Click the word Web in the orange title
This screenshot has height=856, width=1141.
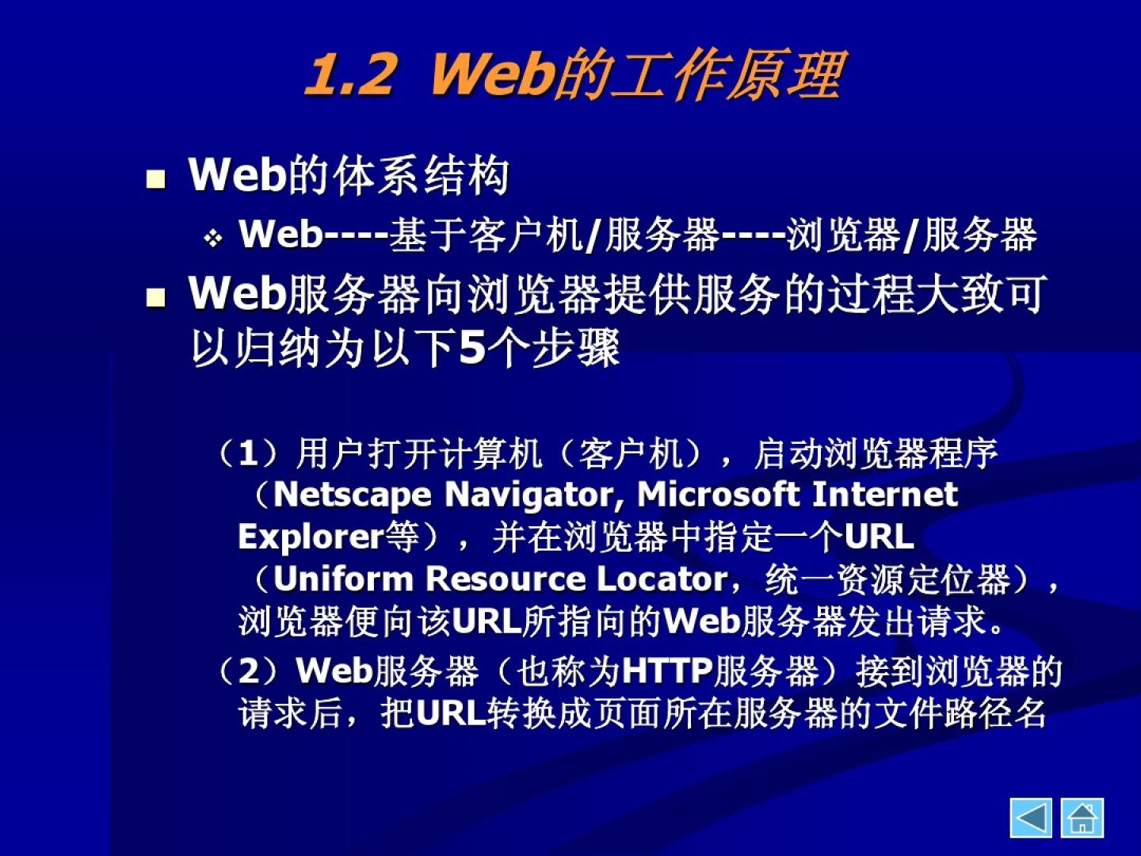pos(490,74)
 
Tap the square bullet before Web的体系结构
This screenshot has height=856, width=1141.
pos(156,179)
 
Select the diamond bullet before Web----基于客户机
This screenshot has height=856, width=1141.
pos(214,239)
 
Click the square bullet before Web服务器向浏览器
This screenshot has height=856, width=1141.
pos(156,298)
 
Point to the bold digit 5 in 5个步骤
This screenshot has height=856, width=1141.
pos(471,348)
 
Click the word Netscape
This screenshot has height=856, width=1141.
pos(353,495)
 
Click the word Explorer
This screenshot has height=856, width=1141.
pos(311,537)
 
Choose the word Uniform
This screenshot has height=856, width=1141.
pos(343,579)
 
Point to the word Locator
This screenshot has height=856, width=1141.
pos(662,579)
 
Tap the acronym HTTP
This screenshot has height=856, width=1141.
pos(667,671)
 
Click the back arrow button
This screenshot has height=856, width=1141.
pos(1031,819)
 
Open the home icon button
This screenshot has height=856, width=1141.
pos(1082,819)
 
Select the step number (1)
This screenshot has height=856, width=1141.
pos(249,453)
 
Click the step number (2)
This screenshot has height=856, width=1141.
pos(249,671)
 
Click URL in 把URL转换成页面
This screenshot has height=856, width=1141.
pos(451,713)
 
